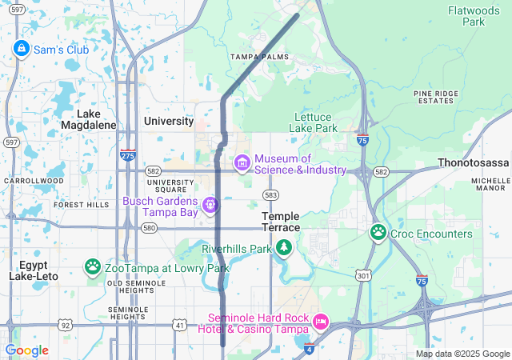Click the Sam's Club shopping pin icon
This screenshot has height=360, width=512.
[x=21, y=49]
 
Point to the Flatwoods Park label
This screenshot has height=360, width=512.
[x=478, y=16]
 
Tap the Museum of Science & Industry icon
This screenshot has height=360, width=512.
[x=242, y=163]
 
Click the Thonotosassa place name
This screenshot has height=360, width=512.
[x=474, y=162]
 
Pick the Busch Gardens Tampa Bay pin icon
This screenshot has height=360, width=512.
[x=210, y=206]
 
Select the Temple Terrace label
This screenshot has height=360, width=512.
[x=281, y=222]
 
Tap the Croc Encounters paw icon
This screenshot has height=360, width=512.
[x=378, y=233]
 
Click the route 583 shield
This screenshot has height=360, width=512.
[x=271, y=195]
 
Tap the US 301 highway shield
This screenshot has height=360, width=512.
[x=365, y=276]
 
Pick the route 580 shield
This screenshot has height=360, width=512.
[x=149, y=228]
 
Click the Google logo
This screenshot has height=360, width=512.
[x=27, y=350]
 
